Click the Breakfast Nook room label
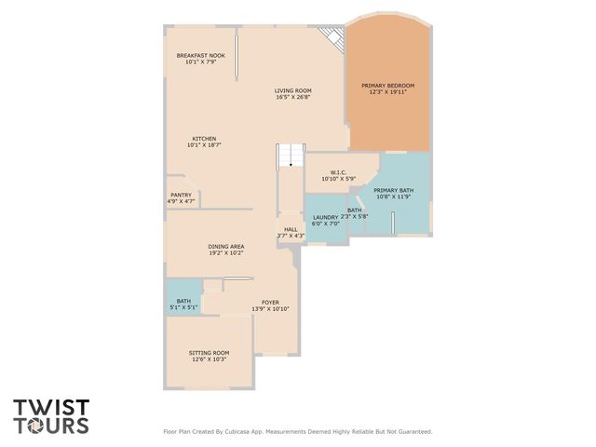pyautogui.click(x=201, y=56)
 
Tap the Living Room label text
pyautogui.click(x=292, y=90)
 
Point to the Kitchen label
pyautogui.click(x=204, y=139)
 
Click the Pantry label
pyautogui.click(x=181, y=195)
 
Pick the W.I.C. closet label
pyautogui.click(x=338, y=172)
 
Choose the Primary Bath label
pyautogui.click(x=394, y=191)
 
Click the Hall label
pyautogui.click(x=291, y=229)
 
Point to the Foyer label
pyautogui.click(x=270, y=303)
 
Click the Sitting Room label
pyautogui.click(x=209, y=353)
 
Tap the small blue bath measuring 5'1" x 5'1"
pyautogui.click(x=183, y=302)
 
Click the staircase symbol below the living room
pyautogui.click(x=291, y=156)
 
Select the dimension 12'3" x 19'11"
pyautogui.click(x=387, y=91)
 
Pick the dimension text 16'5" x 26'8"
pyautogui.click(x=292, y=97)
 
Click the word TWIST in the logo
pyautogui.click(x=51, y=407)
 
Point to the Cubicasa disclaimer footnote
pyautogui.click(x=298, y=431)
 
